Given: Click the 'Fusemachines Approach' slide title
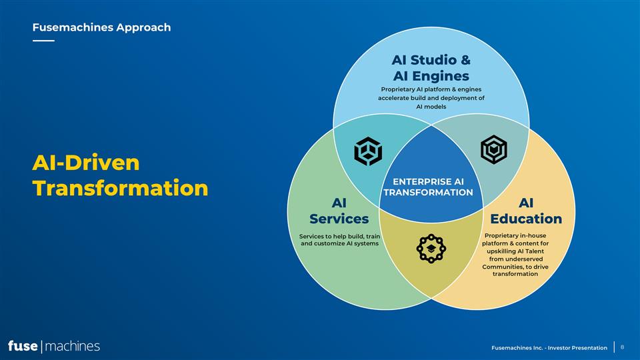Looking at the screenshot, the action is pyautogui.click(x=101, y=27).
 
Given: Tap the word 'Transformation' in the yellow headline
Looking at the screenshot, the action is pyautogui.click(x=121, y=188).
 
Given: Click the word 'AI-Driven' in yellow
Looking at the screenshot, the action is pyautogui.click(x=86, y=163).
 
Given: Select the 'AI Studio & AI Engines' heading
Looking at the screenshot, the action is pyautogui.click(x=431, y=68).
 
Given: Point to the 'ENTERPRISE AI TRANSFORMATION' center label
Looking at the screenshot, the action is pyautogui.click(x=428, y=187).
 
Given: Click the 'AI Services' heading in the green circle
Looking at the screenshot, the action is pyautogui.click(x=339, y=211).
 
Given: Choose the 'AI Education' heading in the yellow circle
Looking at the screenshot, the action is pyautogui.click(x=526, y=211).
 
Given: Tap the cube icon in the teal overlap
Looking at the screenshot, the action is pyautogui.click(x=368, y=151).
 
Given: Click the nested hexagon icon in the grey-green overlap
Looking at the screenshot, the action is pyautogui.click(x=494, y=149).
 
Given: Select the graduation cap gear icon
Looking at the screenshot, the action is pyautogui.click(x=431, y=249).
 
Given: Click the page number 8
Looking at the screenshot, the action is pyautogui.click(x=623, y=347).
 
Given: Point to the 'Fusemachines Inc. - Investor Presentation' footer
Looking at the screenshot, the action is pyautogui.click(x=549, y=348).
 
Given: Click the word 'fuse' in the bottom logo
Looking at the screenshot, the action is pyautogui.click(x=23, y=346).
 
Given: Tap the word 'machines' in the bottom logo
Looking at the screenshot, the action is pyautogui.click(x=72, y=347).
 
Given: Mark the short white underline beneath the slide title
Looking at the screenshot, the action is pyautogui.click(x=43, y=41).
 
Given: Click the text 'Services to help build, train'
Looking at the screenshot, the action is pyautogui.click(x=339, y=236).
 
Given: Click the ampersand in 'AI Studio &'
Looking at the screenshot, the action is pyautogui.click(x=465, y=60).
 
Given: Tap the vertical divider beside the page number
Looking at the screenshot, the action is pyautogui.click(x=614, y=347).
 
